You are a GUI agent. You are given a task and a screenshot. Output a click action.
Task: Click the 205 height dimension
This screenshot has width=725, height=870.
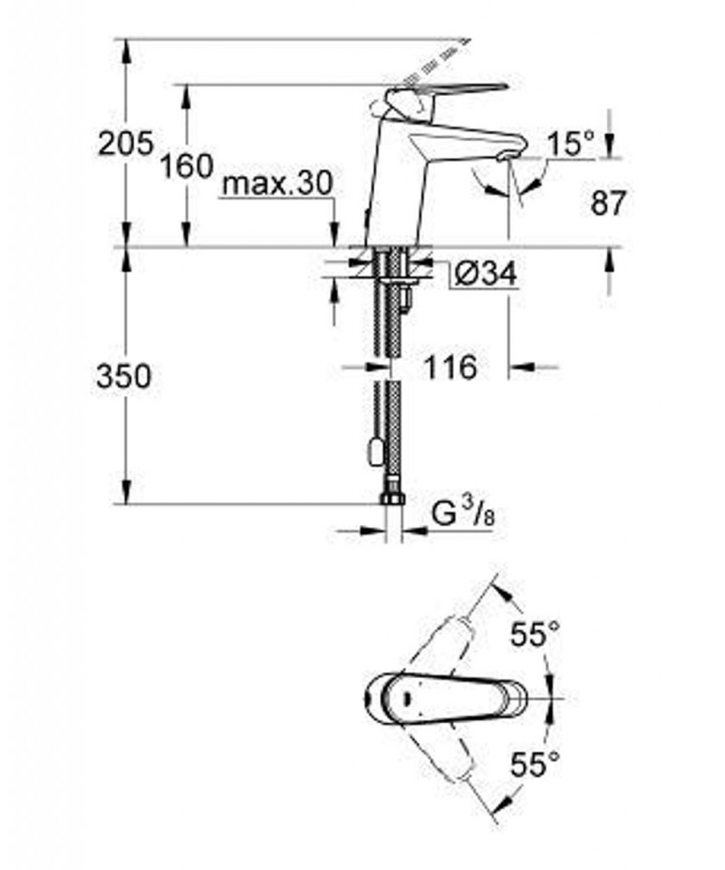(125, 144)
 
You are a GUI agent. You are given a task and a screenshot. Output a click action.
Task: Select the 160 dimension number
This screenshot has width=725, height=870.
(187, 166)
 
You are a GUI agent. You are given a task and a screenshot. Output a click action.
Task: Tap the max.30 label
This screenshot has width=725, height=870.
(277, 183)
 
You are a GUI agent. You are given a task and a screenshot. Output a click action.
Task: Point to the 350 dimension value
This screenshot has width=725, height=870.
(123, 376)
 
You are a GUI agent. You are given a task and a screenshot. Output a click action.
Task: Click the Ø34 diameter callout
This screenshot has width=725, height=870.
(485, 273)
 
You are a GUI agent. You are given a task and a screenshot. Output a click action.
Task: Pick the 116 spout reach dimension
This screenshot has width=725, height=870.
(450, 367)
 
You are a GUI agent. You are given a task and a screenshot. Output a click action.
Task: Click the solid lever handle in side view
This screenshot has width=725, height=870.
(445, 92)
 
